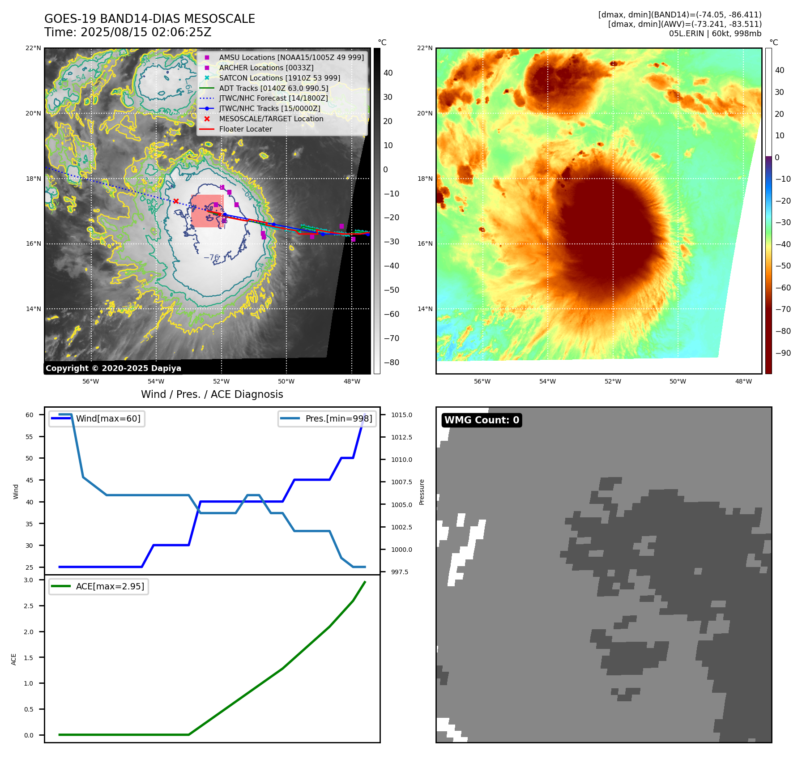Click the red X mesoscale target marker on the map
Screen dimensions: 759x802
click(x=176, y=201)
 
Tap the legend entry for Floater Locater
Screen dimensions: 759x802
click(x=245, y=129)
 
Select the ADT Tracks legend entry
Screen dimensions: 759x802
click(x=273, y=89)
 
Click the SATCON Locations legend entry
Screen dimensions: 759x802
click(x=279, y=78)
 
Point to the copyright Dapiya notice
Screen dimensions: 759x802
click(x=113, y=368)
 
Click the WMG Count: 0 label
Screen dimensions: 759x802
click(x=482, y=420)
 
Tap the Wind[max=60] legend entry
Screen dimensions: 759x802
click(x=108, y=419)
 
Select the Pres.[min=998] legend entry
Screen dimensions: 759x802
click(x=338, y=419)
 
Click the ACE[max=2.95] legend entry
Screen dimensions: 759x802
click(x=110, y=587)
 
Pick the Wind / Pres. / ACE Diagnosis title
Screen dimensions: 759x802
click(x=212, y=394)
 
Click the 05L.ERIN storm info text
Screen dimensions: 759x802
click(x=715, y=34)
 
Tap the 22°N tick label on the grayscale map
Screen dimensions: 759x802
click(x=33, y=48)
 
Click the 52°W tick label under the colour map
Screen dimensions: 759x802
click(x=612, y=382)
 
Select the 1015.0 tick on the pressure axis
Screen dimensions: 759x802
click(x=401, y=415)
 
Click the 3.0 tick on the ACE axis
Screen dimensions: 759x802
click(x=29, y=580)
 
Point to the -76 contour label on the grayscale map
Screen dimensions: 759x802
click(x=211, y=258)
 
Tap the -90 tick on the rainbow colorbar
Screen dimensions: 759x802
click(x=783, y=353)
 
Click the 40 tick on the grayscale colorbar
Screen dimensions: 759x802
click(x=388, y=73)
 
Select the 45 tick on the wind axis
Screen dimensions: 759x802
click(x=29, y=480)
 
